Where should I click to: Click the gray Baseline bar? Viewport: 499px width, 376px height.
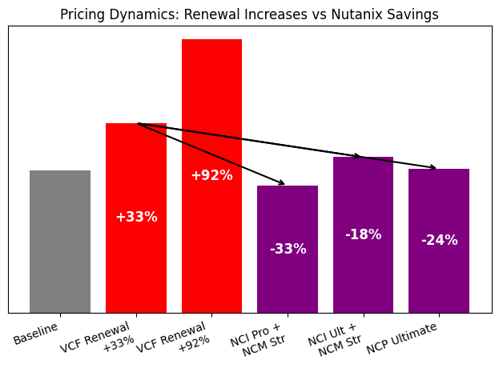coord(60,241)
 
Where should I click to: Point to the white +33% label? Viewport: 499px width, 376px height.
coord(136,218)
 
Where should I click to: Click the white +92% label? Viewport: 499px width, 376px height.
coord(211,176)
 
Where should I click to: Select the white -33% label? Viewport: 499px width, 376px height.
coord(288,250)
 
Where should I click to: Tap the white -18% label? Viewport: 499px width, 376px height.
coord(363,235)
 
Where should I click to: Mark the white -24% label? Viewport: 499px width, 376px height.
coord(439,241)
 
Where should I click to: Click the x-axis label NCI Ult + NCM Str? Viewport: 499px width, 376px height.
coord(335,341)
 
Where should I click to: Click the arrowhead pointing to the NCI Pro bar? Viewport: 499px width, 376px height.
coord(282,183)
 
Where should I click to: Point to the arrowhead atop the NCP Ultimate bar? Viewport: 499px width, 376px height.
coord(433,168)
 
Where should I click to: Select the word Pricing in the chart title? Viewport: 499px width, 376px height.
coord(82,14)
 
